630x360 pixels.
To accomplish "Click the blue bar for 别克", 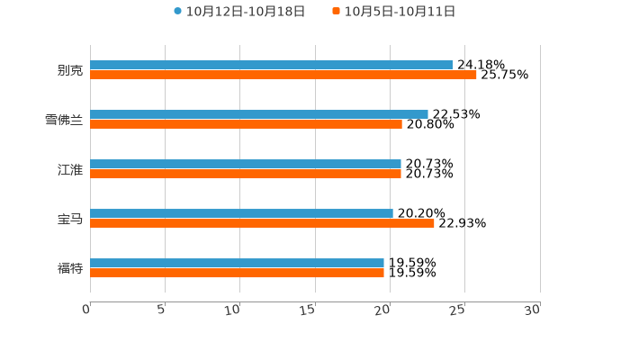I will pos(271,65).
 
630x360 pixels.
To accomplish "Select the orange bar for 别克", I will pos(283,76).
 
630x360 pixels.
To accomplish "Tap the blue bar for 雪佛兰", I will pos(259,114).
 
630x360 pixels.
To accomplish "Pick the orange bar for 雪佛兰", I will pos(246,125).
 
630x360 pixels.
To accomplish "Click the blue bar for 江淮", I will pos(246,164).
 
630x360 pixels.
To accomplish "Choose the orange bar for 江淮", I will pos(246,175).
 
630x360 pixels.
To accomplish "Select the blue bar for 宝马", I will pos(241,213).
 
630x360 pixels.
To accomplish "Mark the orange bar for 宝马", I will pos(262,224).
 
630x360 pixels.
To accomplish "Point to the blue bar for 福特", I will pos(237,263).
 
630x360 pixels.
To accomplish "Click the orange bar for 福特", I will pos(237,274).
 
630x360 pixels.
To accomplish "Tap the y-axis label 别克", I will pos(70,70).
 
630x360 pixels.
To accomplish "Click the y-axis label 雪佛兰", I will pos(64,120).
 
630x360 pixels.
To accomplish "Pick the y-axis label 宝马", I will pos(70,219).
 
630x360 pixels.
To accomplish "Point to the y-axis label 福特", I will pos(70,268).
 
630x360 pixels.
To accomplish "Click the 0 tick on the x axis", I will pos(86,310).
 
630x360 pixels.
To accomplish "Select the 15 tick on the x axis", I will pos(308,310).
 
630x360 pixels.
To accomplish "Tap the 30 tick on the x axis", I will pos(533,310).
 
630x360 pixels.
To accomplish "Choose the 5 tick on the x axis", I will pos(161,310).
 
